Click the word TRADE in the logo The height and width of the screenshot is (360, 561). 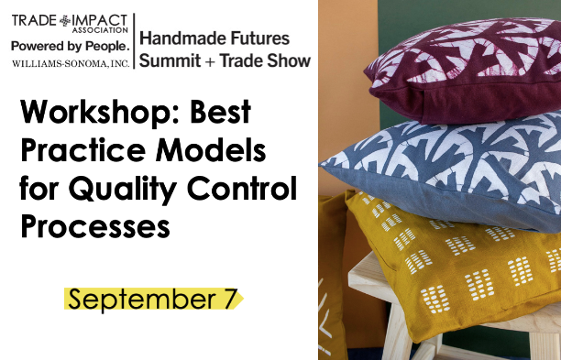33,16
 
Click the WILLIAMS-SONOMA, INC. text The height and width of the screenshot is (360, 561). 71,63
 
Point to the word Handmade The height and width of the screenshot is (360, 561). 181,38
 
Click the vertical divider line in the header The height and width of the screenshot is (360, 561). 135,41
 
